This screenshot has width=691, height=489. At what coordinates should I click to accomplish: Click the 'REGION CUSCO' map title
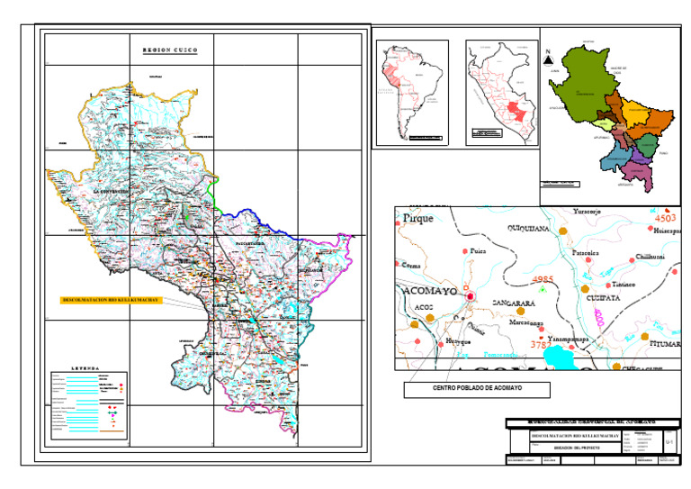(x=169, y=50)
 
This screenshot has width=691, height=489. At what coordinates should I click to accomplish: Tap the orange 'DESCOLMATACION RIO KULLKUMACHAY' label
(x=111, y=299)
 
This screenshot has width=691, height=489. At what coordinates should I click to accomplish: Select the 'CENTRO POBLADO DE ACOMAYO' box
(x=477, y=390)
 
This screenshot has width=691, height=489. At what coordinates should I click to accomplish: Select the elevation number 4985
(x=543, y=280)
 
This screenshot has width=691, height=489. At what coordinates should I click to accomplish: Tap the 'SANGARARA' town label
(x=515, y=304)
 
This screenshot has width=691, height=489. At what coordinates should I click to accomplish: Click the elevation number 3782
(x=542, y=344)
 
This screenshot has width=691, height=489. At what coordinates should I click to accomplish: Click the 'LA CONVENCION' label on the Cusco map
(x=112, y=192)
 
